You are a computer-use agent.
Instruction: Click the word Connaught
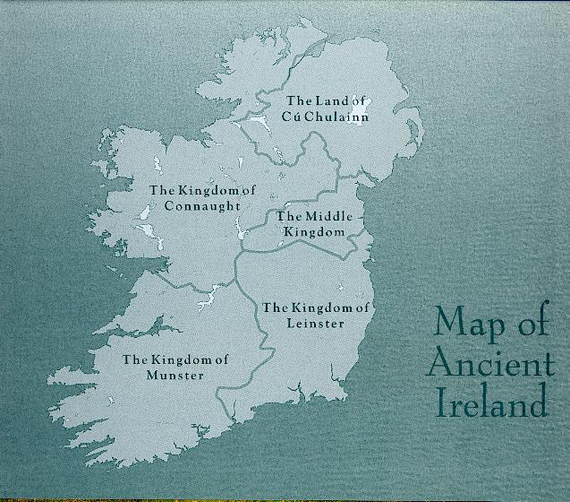[x=203, y=205]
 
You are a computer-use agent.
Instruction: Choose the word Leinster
[x=316, y=323]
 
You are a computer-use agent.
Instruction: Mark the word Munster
[x=176, y=376]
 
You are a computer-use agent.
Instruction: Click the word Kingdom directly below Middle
[x=313, y=231]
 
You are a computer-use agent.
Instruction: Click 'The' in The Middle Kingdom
[x=289, y=217]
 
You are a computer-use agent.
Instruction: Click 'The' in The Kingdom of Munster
[x=134, y=360]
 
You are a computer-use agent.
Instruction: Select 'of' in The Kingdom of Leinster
[x=362, y=307]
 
